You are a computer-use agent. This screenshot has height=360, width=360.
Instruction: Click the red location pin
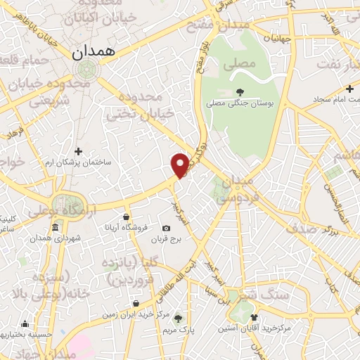coord(181,165)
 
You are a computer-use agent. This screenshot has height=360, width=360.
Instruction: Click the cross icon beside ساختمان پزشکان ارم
coord(78,151)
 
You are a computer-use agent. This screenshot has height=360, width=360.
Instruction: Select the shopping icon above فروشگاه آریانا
coord(126,217)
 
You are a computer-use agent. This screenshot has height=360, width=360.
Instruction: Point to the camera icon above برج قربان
coord(166,229)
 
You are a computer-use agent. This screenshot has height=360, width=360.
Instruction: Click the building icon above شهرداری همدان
coord(56,228)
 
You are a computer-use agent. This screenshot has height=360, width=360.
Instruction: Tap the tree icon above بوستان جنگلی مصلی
coord(240,91)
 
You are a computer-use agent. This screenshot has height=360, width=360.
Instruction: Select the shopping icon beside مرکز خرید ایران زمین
coord(136,304)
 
